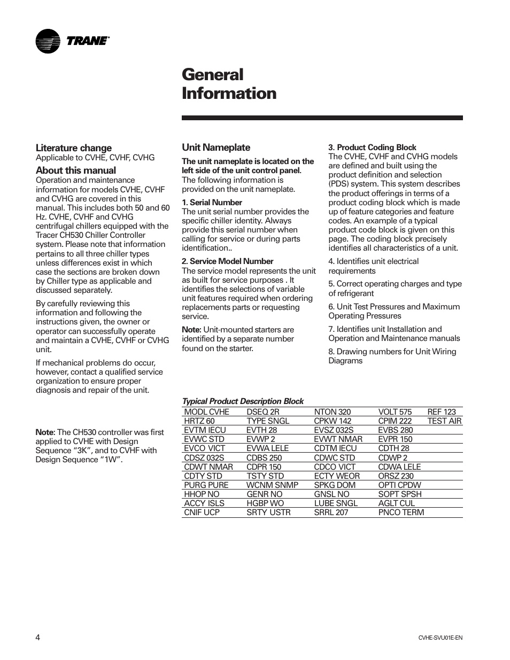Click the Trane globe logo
click(x=48, y=41)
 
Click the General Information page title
click(x=229, y=84)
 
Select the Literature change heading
click(x=74, y=148)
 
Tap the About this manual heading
click(x=76, y=170)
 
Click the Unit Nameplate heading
click(x=216, y=147)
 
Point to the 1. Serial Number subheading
click(x=212, y=203)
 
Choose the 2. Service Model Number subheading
click(x=227, y=261)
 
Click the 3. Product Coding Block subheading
click(x=372, y=147)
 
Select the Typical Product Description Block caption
click(x=243, y=401)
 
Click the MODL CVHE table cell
click(x=206, y=412)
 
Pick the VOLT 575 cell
click(x=395, y=412)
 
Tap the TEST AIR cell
click(x=444, y=421)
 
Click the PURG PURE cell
click(x=206, y=485)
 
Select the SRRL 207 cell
click(x=331, y=513)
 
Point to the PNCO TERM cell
click(x=401, y=513)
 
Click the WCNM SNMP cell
click(x=272, y=485)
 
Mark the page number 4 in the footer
click(x=38, y=637)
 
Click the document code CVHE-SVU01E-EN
click(x=440, y=638)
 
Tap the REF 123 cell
click(x=442, y=412)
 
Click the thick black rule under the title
click(x=322, y=118)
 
